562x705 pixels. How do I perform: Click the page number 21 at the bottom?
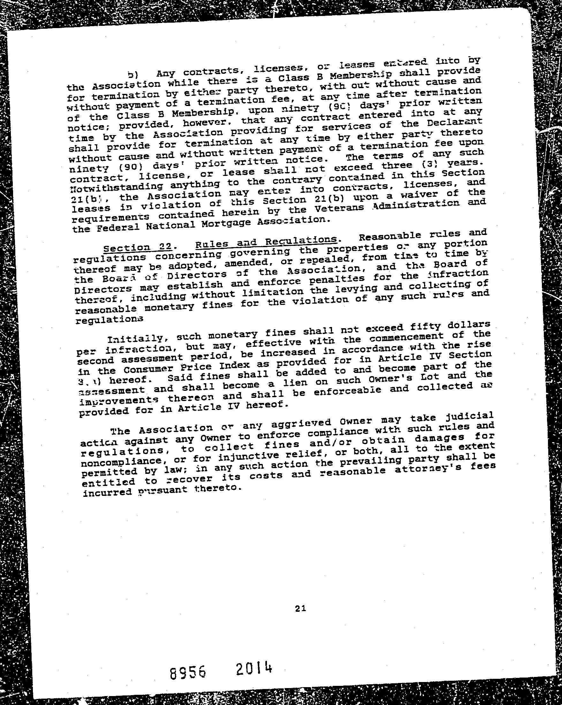click(300, 609)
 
